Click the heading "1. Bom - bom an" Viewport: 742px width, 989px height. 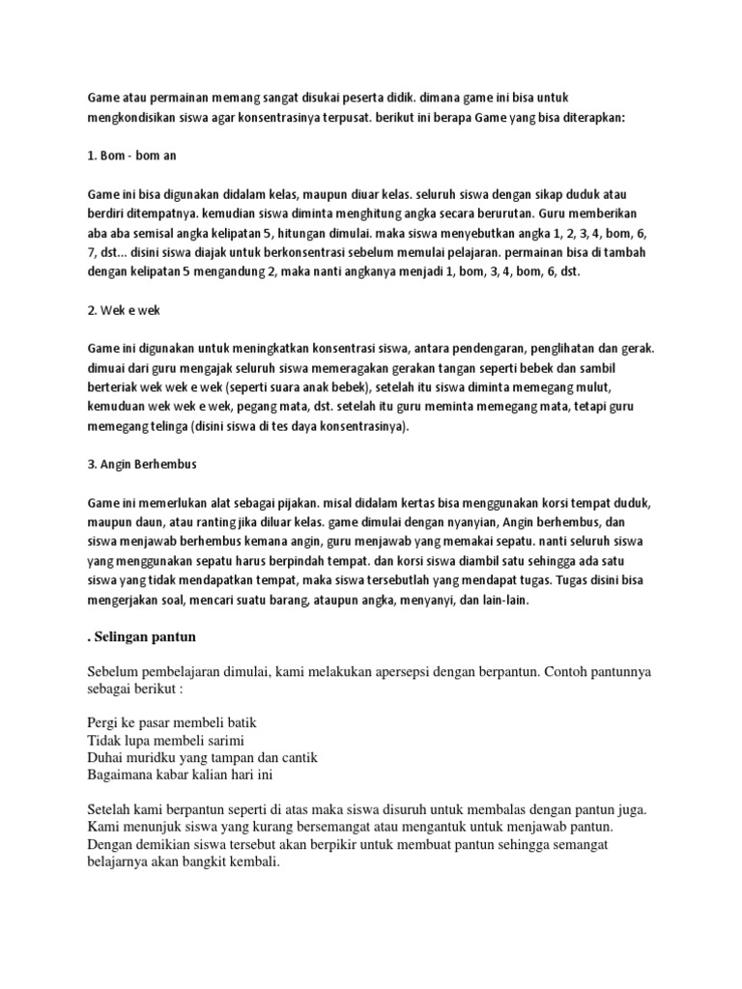click(x=131, y=155)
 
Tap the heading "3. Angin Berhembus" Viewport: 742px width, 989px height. click(x=141, y=464)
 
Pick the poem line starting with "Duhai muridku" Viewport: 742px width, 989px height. click(x=202, y=756)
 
